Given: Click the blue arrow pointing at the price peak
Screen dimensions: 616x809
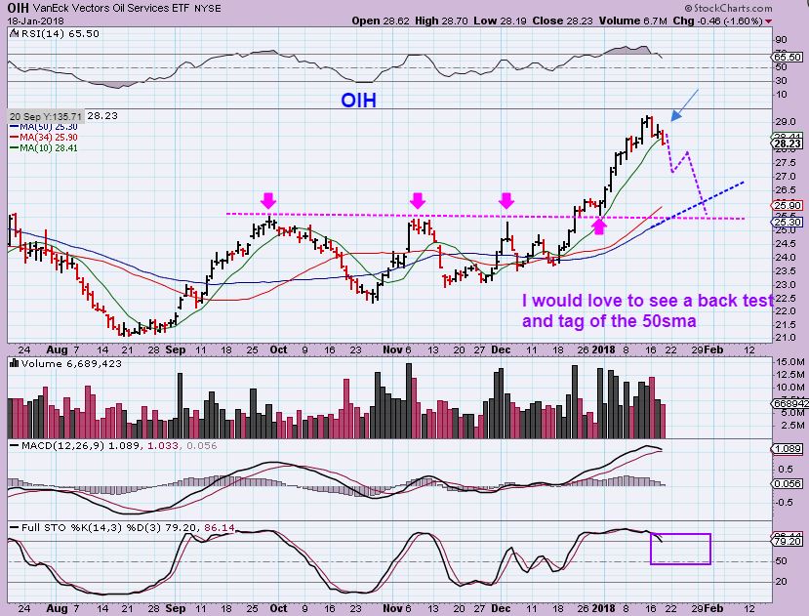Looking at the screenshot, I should pyautogui.click(x=685, y=104).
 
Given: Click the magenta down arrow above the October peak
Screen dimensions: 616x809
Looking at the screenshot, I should pyautogui.click(x=268, y=200).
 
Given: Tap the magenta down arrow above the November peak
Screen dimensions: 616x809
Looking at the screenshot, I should pyautogui.click(x=418, y=200).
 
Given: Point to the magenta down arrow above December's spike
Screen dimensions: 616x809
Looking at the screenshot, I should pyautogui.click(x=506, y=200).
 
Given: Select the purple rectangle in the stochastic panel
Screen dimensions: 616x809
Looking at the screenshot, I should pyautogui.click(x=680, y=549).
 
